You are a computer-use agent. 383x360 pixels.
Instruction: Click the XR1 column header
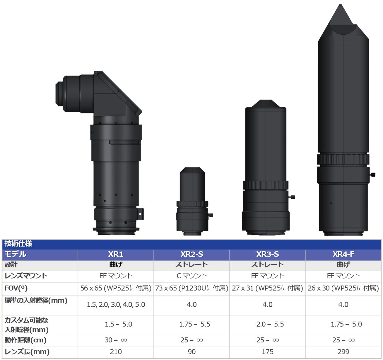click(116, 254)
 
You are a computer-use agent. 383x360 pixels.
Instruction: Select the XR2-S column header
click(191, 254)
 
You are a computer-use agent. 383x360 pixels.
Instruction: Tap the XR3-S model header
click(267, 254)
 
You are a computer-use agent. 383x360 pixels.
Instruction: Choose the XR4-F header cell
click(343, 254)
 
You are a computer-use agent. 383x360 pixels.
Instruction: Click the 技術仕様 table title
click(18, 244)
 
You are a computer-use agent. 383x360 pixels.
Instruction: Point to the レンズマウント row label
click(26, 276)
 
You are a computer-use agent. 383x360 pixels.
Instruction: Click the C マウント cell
click(191, 276)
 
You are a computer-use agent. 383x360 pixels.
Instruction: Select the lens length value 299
click(343, 352)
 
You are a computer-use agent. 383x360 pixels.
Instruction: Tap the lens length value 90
click(191, 352)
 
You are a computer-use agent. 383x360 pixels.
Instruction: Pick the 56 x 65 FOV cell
click(116, 288)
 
